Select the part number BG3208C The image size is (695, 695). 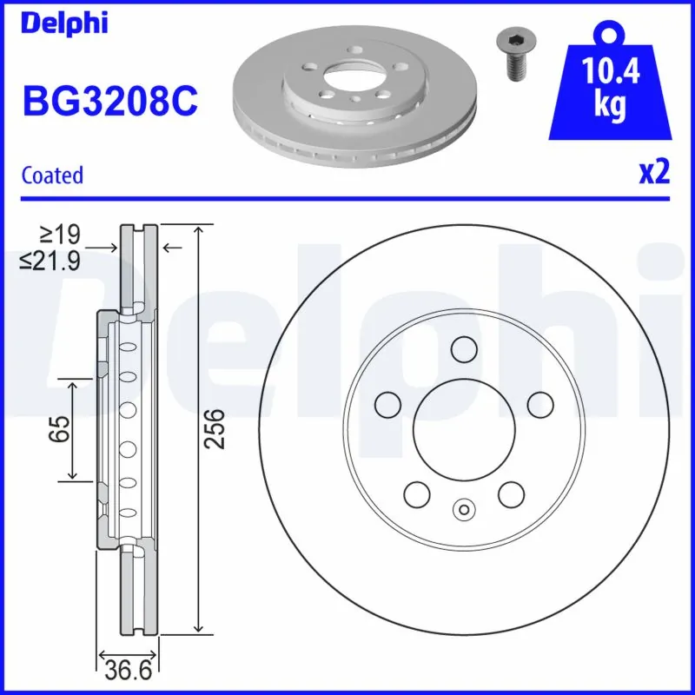point(109,102)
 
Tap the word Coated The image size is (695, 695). point(52,175)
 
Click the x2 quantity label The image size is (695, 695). point(654,173)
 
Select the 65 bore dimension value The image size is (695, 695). point(58,429)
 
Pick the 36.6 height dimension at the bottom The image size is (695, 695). point(128,671)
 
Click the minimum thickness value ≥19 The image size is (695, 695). point(61,234)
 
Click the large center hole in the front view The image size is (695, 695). point(463,428)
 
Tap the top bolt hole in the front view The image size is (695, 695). point(464,349)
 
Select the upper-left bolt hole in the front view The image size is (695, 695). point(387,403)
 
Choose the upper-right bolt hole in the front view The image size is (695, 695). point(540,403)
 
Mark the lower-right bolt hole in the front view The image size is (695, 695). point(510,493)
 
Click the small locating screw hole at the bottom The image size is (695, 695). point(464,509)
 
